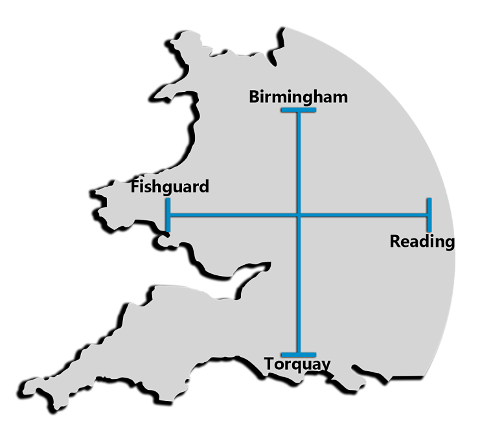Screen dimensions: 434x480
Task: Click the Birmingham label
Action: [x=299, y=97]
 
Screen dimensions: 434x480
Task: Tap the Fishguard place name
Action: [x=170, y=187]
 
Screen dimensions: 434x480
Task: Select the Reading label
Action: [x=422, y=242]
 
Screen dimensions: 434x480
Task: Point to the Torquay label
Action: [x=297, y=365]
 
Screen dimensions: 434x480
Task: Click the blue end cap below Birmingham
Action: [x=299, y=111]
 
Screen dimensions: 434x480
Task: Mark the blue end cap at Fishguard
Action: [x=168, y=214]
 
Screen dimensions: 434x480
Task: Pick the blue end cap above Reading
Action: [x=429, y=214]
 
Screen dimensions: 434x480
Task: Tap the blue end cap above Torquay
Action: [x=299, y=354]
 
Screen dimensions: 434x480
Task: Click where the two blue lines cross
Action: [x=299, y=214]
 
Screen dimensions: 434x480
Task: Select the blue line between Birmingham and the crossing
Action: [x=299, y=162]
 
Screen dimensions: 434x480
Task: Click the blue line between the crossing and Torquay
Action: [x=299, y=285]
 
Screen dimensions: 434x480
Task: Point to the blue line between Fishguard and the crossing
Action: [x=233, y=214]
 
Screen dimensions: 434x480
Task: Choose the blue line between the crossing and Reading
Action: [x=363, y=214]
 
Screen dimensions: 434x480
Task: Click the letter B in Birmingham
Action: [x=255, y=97]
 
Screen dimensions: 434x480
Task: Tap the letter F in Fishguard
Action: [x=135, y=187]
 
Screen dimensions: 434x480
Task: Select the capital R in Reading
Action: [x=394, y=242]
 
